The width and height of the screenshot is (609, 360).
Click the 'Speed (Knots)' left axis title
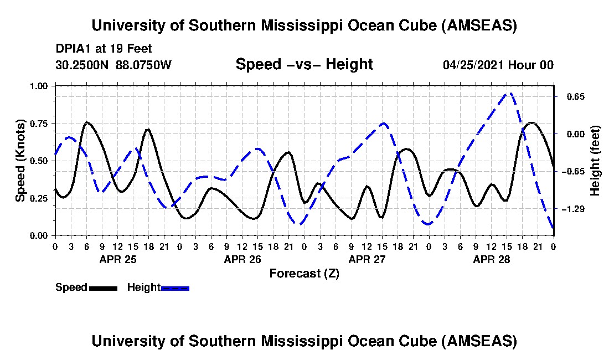pyautogui.click(x=20, y=161)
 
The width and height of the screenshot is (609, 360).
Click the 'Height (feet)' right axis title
pyautogui.click(x=595, y=161)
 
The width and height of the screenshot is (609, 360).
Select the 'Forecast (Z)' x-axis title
pyautogui.click(x=304, y=274)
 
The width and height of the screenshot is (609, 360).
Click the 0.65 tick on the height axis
pyautogui.click(x=572, y=97)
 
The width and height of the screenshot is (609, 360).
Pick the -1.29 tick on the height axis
pyautogui.click(x=571, y=209)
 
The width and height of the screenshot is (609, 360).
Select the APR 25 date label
pyautogui.click(x=117, y=259)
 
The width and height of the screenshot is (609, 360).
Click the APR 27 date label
pyautogui.click(x=367, y=259)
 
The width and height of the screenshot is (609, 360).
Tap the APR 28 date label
pyautogui.click(x=491, y=259)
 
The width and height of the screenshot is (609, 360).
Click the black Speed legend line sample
pyautogui.click(x=102, y=288)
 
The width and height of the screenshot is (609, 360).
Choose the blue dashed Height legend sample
pyautogui.click(x=175, y=288)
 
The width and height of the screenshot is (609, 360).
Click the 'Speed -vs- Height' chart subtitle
pyautogui.click(x=304, y=64)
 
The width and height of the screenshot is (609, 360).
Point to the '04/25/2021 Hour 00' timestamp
pyautogui.click(x=498, y=65)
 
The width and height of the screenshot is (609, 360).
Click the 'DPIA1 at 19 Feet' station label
pyautogui.click(x=104, y=49)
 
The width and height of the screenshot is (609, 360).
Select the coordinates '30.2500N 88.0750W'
pyautogui.click(x=113, y=65)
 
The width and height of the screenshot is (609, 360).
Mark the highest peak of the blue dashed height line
pyautogui.click(x=510, y=93)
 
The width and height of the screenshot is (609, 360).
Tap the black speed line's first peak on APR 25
pyautogui.click(x=87, y=122)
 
